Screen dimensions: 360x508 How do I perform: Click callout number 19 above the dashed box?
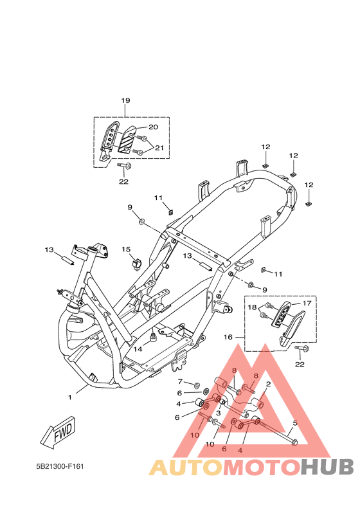[x=125, y=100]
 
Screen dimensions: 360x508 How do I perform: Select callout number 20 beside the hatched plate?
[x=153, y=127]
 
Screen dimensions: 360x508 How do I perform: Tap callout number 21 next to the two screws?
[x=159, y=148]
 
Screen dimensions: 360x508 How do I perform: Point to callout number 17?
[x=307, y=303]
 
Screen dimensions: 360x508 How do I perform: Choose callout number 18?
[x=252, y=307]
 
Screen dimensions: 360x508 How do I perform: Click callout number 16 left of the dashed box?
[x=228, y=337]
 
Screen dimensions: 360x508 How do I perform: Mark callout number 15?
[x=126, y=249]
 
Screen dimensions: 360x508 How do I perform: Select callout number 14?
[x=138, y=349]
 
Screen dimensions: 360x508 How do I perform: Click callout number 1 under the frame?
[x=69, y=397]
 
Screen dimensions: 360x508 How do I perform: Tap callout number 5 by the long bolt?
[x=295, y=422]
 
